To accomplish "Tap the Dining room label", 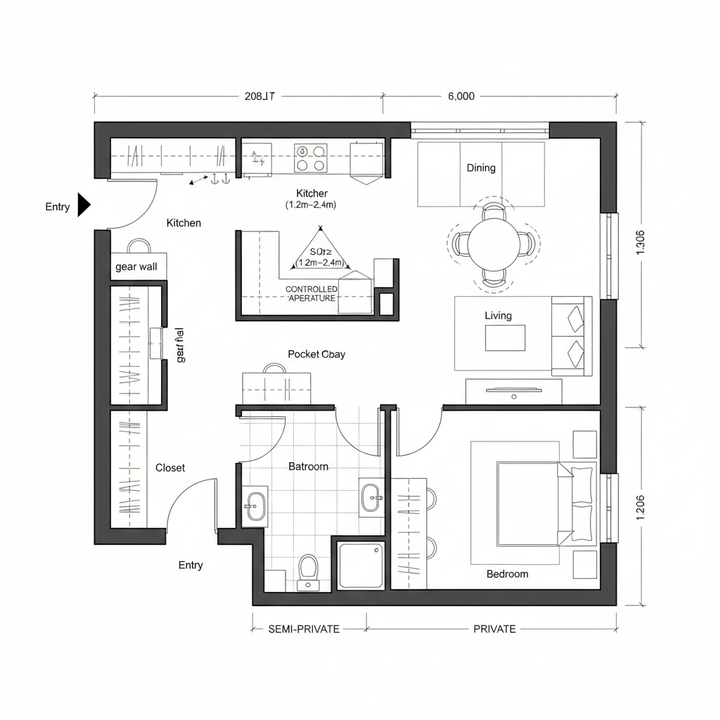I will coord(481,168).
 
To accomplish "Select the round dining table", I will coord(494,244).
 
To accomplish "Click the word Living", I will coord(498,316).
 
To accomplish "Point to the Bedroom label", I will coord(507,574).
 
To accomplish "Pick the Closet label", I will coord(170,468).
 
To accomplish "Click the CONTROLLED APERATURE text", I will coord(311,294).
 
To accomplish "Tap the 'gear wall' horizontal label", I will coord(136,267).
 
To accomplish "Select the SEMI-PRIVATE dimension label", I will coord(304,629).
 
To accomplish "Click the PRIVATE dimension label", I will coord(494,629).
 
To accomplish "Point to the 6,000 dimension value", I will coord(461,97).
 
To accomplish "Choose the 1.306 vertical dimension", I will coord(640,243).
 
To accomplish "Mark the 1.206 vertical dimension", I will coord(640,507).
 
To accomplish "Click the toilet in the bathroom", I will coord(308,570).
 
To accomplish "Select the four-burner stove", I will coord(311,158).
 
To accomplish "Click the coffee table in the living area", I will coord(505,338).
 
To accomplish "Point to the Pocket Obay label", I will coord(316,354).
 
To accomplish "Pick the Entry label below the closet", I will coord(191,565).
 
